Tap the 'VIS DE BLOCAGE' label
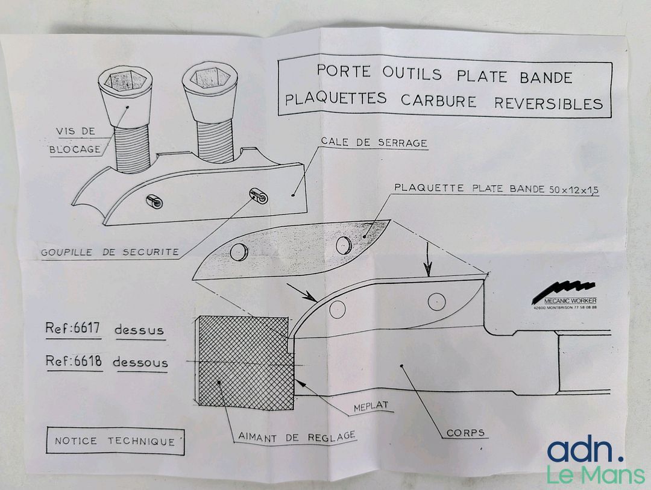click(75, 140)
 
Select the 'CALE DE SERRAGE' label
click(374, 142)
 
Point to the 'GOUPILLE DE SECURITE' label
click(110, 252)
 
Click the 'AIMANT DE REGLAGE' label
click(297, 436)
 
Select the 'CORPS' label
click(465, 432)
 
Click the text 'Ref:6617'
click(73, 328)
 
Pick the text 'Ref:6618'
click(74, 360)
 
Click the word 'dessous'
click(140, 362)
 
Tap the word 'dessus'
click(139, 330)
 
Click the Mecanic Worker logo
click(565, 295)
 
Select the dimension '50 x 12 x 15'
click(574, 190)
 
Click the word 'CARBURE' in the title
click(438, 101)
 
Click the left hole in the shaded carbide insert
click(239, 252)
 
